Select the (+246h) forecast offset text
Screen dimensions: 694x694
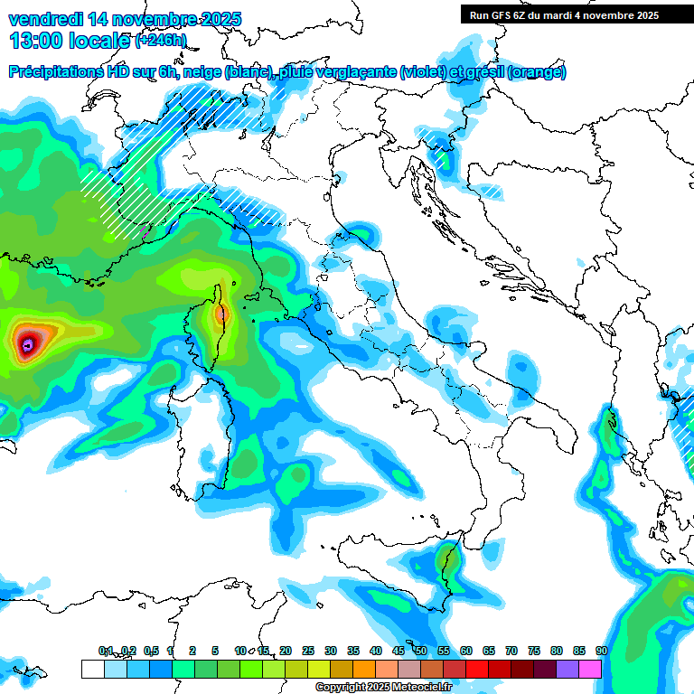click(161, 41)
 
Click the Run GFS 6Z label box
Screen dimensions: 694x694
click(564, 15)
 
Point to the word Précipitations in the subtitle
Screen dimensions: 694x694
click(59, 72)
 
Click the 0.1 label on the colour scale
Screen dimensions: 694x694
click(106, 651)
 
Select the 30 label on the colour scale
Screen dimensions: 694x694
click(331, 651)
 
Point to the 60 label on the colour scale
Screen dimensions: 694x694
click(466, 651)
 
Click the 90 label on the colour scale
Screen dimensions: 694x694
click(602, 651)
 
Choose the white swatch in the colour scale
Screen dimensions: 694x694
click(92, 669)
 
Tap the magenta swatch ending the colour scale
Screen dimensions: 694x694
click(590, 669)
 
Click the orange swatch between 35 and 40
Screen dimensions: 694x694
click(364, 669)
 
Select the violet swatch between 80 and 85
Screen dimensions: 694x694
click(567, 669)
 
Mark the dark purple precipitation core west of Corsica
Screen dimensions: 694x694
click(28, 343)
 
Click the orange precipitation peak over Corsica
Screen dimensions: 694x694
click(221, 314)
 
